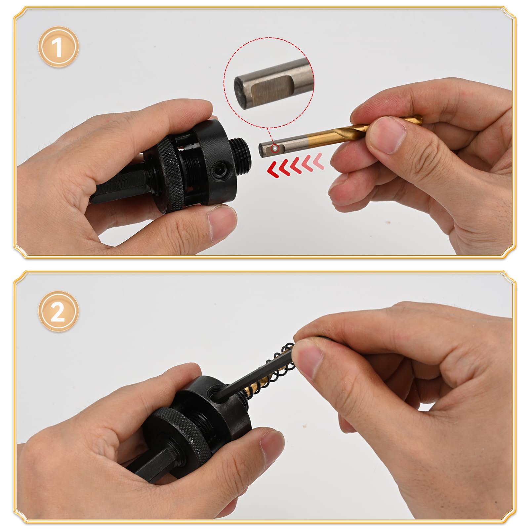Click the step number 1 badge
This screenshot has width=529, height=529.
[59, 47]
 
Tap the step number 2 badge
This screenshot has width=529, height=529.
[59, 311]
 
